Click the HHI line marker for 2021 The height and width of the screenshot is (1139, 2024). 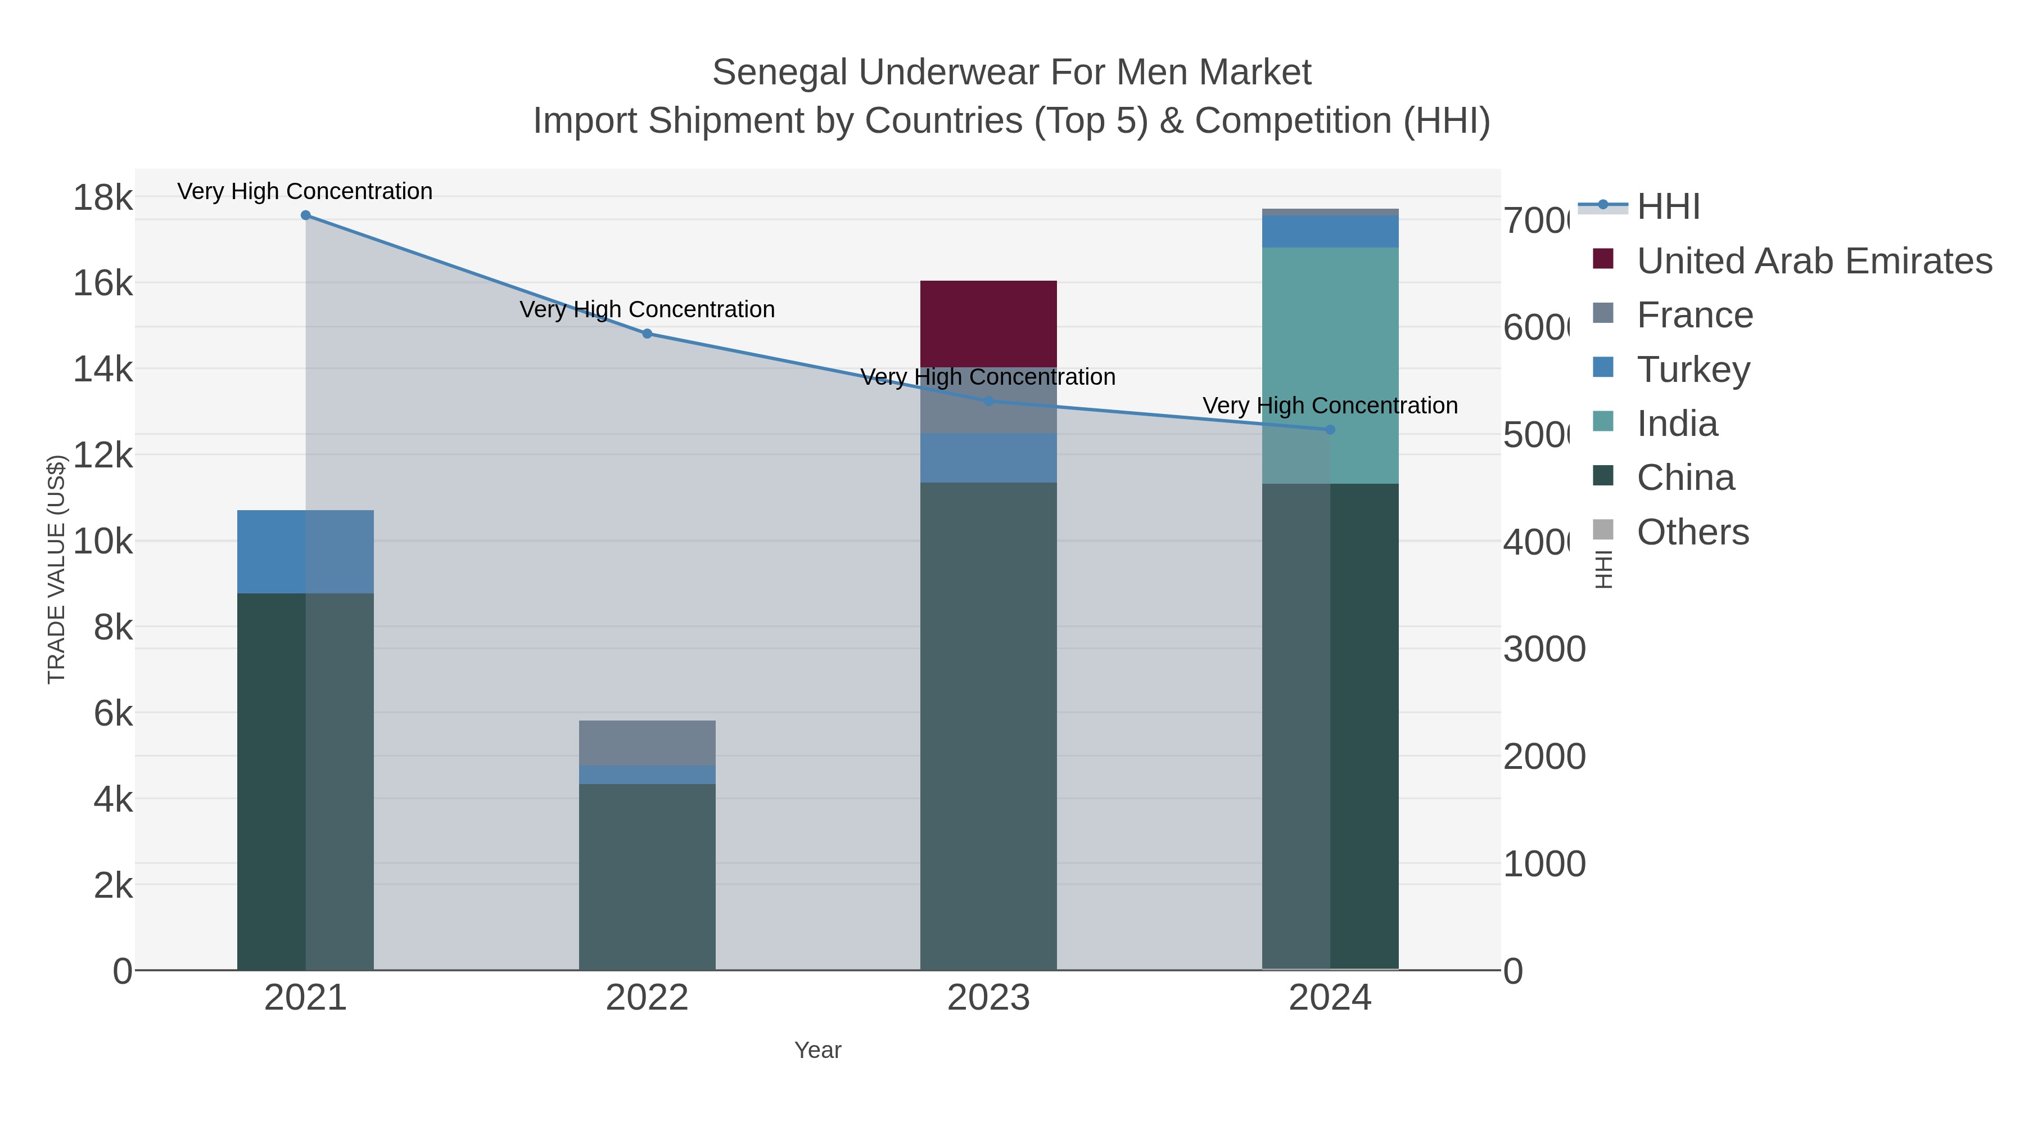click(x=306, y=215)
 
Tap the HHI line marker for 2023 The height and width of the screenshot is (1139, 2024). click(x=988, y=402)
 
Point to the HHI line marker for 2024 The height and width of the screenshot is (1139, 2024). click(x=1330, y=430)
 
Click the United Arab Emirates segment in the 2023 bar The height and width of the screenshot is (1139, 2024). click(x=988, y=323)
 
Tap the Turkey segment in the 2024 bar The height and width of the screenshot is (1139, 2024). click(x=1330, y=232)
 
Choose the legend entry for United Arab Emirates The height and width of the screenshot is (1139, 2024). click(x=1813, y=261)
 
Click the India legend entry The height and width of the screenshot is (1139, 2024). click(x=1677, y=424)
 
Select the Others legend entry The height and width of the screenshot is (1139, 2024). click(x=1692, y=532)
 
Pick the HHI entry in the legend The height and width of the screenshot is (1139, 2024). click(x=1668, y=207)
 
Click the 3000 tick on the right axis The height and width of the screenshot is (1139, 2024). click(x=1544, y=649)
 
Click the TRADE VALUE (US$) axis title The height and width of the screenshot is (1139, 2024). click(x=57, y=569)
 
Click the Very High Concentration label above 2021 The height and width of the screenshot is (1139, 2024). click(x=305, y=191)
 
